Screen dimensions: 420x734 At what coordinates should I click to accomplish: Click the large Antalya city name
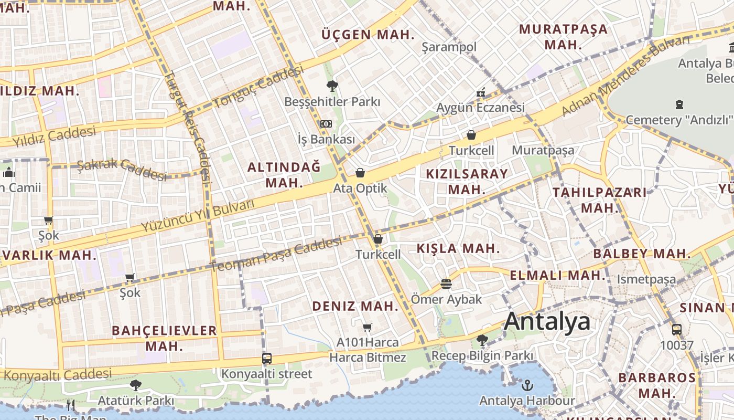coord(547,321)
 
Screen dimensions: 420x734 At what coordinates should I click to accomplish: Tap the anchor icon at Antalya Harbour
coord(527,386)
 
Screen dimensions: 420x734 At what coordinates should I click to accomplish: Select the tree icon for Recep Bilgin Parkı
coord(482,340)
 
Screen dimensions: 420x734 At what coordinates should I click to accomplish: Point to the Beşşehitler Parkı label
coord(332,101)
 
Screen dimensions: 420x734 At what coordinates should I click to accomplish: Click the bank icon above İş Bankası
coord(326,124)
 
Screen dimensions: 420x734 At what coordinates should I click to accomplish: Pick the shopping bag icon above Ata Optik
coord(360,173)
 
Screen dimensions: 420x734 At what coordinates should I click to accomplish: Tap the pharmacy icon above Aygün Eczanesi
coord(481,93)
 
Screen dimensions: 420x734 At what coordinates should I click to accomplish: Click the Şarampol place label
coord(449,47)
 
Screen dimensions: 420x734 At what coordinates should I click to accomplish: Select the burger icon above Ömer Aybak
coord(446,284)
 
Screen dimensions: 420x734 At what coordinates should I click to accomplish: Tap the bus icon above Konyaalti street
coord(267,359)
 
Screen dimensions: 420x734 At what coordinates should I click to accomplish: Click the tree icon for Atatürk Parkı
coord(136,385)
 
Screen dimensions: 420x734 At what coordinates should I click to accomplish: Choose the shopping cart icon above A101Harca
coord(368,328)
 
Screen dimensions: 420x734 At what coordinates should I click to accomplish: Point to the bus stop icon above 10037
coord(677,330)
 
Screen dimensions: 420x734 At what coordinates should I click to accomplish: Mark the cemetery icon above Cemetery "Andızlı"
coord(680,104)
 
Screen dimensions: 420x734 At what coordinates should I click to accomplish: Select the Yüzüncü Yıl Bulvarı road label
coord(198,215)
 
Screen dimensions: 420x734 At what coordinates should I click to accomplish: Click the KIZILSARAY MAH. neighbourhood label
coord(467,182)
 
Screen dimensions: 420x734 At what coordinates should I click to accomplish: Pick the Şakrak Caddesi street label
coord(122,169)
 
